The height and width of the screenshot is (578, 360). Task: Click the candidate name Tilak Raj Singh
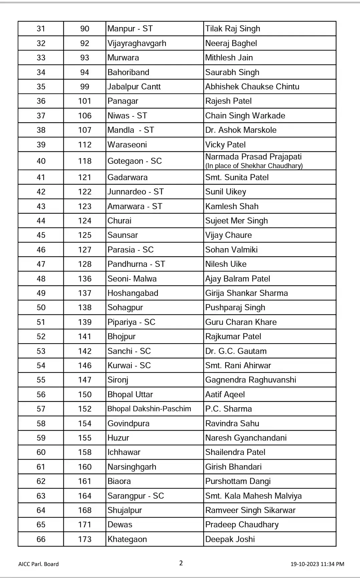pyautogui.click(x=233, y=29)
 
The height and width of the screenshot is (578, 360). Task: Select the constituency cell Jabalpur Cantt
pyautogui.click(x=134, y=87)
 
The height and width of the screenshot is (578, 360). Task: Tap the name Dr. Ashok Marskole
pyautogui.click(x=241, y=130)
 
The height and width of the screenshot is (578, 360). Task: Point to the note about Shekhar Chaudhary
pyautogui.click(x=254, y=166)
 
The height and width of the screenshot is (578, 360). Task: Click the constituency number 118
pyautogui.click(x=85, y=161)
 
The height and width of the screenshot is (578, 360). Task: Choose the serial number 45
pyautogui.click(x=41, y=235)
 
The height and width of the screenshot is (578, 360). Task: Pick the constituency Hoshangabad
pyautogui.click(x=133, y=293)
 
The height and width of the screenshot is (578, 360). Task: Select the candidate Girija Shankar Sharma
pyautogui.click(x=246, y=293)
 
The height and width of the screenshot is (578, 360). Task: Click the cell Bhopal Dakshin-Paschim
pyautogui.click(x=149, y=409)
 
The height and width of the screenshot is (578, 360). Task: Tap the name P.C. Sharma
pyautogui.click(x=228, y=409)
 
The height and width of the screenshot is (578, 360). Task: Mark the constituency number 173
pyautogui.click(x=85, y=539)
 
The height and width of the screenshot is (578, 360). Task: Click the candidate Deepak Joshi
pyautogui.click(x=230, y=539)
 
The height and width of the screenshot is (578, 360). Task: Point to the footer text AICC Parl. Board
pyautogui.click(x=38, y=564)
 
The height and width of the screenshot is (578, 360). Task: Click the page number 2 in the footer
pyautogui.click(x=181, y=563)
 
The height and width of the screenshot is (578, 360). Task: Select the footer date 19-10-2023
pyautogui.click(x=304, y=564)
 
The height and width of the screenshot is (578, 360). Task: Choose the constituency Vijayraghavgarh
pyautogui.click(x=137, y=43)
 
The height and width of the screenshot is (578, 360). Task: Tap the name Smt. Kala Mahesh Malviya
pyautogui.click(x=253, y=496)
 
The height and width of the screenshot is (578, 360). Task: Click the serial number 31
pyautogui.click(x=41, y=29)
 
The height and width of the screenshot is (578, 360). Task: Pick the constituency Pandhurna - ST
pyautogui.click(x=136, y=264)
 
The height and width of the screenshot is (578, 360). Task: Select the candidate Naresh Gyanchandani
pyautogui.click(x=246, y=438)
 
